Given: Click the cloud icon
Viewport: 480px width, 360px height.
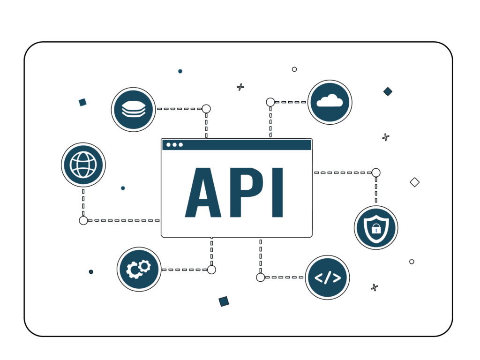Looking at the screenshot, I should (330, 102).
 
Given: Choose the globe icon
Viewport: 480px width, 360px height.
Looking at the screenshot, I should (83, 165).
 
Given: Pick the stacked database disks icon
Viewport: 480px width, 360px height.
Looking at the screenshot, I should (133, 109).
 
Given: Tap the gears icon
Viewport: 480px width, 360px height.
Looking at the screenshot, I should (139, 270).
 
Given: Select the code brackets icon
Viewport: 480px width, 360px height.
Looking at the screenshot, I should (327, 277).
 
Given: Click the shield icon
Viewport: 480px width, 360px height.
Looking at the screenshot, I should (375, 227).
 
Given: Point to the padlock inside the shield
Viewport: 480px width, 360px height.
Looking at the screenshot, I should (375, 229).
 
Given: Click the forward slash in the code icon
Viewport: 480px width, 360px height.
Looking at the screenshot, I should (327, 277).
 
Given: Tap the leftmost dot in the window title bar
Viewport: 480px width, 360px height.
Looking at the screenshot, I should (169, 144).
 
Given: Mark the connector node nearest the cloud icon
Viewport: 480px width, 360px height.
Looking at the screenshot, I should (270, 102).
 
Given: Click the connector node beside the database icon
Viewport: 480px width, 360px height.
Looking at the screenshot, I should (206, 109).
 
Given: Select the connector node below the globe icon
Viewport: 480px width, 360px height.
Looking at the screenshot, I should (83, 220).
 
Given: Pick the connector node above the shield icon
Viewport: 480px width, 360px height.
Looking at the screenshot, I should (376, 172).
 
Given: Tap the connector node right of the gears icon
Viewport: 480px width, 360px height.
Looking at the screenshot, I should (211, 270).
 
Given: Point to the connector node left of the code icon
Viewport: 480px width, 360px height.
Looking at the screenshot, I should (261, 277).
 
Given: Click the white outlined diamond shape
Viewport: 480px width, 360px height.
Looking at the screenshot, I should (414, 182).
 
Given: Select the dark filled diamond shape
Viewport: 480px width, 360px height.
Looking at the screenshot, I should (388, 91).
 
